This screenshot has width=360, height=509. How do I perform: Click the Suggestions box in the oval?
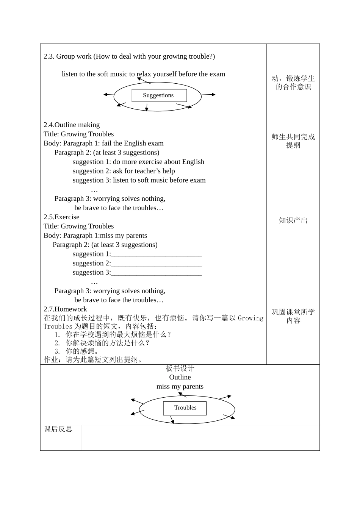point(159,95)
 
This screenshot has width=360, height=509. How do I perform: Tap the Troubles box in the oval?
point(185,408)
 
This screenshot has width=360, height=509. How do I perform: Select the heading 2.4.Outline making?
point(72,125)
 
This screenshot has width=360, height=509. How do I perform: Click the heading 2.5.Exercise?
point(61,217)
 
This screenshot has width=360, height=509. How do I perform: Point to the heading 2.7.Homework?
point(65,309)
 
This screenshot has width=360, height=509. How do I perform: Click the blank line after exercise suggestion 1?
point(156,254)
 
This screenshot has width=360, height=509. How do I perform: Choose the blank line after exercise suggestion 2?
point(156,264)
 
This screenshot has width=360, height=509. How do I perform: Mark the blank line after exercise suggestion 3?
point(156,273)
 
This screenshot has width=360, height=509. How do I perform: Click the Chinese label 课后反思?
point(58,429)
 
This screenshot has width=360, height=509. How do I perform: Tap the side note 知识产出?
point(293,220)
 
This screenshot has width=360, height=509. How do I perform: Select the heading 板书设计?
point(180,368)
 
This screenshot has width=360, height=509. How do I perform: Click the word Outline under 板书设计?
point(180,377)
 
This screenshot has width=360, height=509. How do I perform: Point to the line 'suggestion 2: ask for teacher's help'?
point(124,171)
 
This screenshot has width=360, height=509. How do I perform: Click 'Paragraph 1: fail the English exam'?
point(113,143)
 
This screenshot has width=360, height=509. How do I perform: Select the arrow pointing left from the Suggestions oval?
point(108,94)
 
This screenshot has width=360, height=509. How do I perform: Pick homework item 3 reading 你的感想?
point(82,351)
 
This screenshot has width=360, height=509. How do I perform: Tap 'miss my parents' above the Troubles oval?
point(180,387)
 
